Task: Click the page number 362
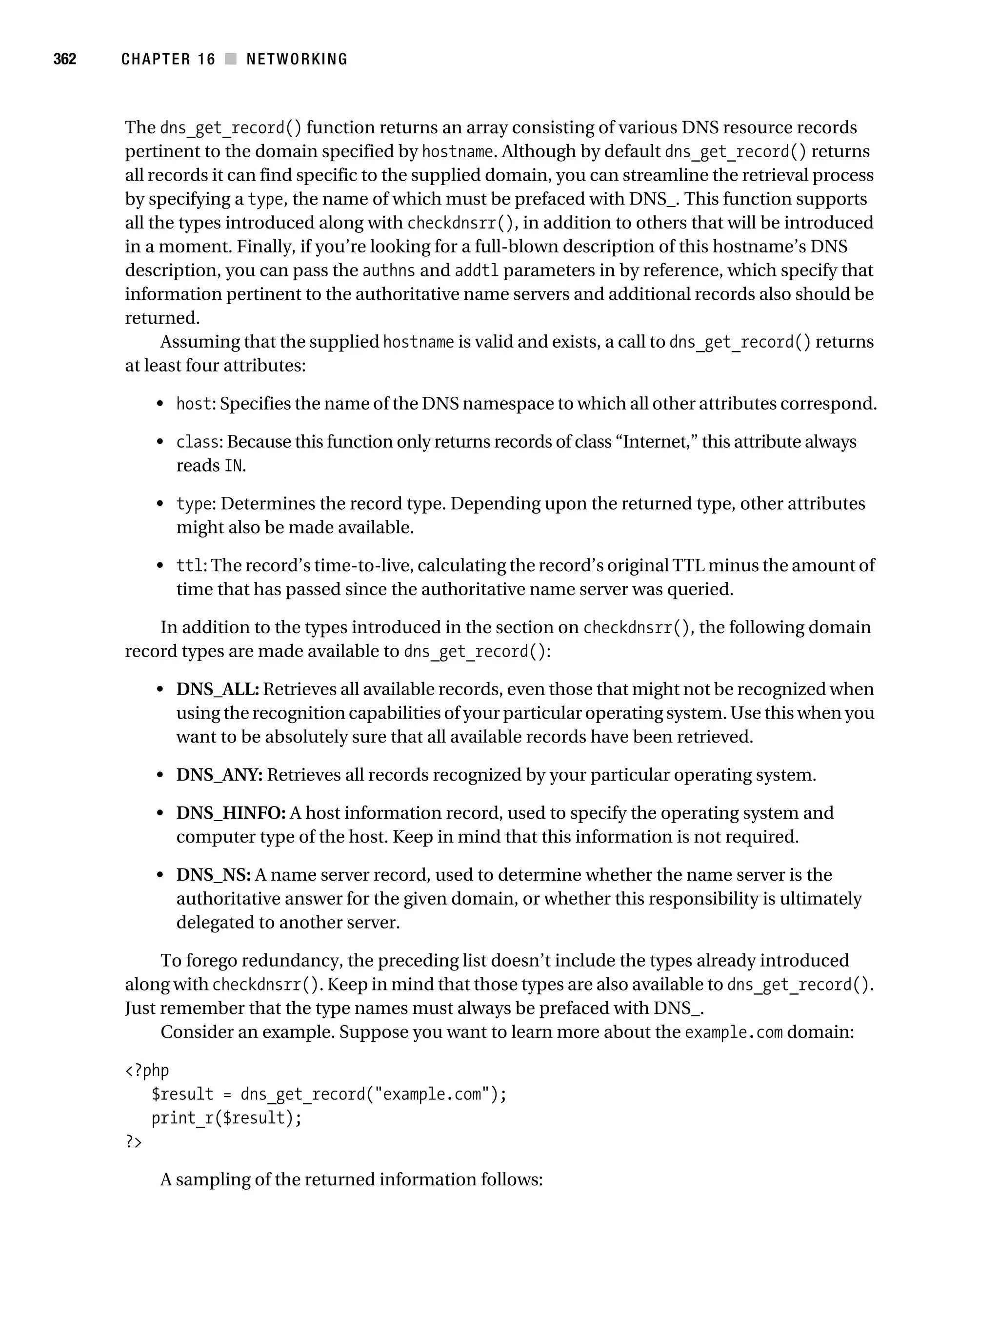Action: [x=64, y=59]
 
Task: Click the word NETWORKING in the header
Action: [x=297, y=59]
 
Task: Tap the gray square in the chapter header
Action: [x=230, y=59]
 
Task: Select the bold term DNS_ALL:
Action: [x=217, y=689]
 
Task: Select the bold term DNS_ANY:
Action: [x=219, y=775]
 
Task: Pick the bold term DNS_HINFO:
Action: [x=230, y=813]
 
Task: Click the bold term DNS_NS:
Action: [x=213, y=875]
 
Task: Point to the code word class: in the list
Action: [x=200, y=442]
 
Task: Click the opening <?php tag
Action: [x=147, y=1070]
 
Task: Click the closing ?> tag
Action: [x=134, y=1141]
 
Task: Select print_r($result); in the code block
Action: [x=227, y=1117]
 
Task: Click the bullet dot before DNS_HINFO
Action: [x=160, y=813]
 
